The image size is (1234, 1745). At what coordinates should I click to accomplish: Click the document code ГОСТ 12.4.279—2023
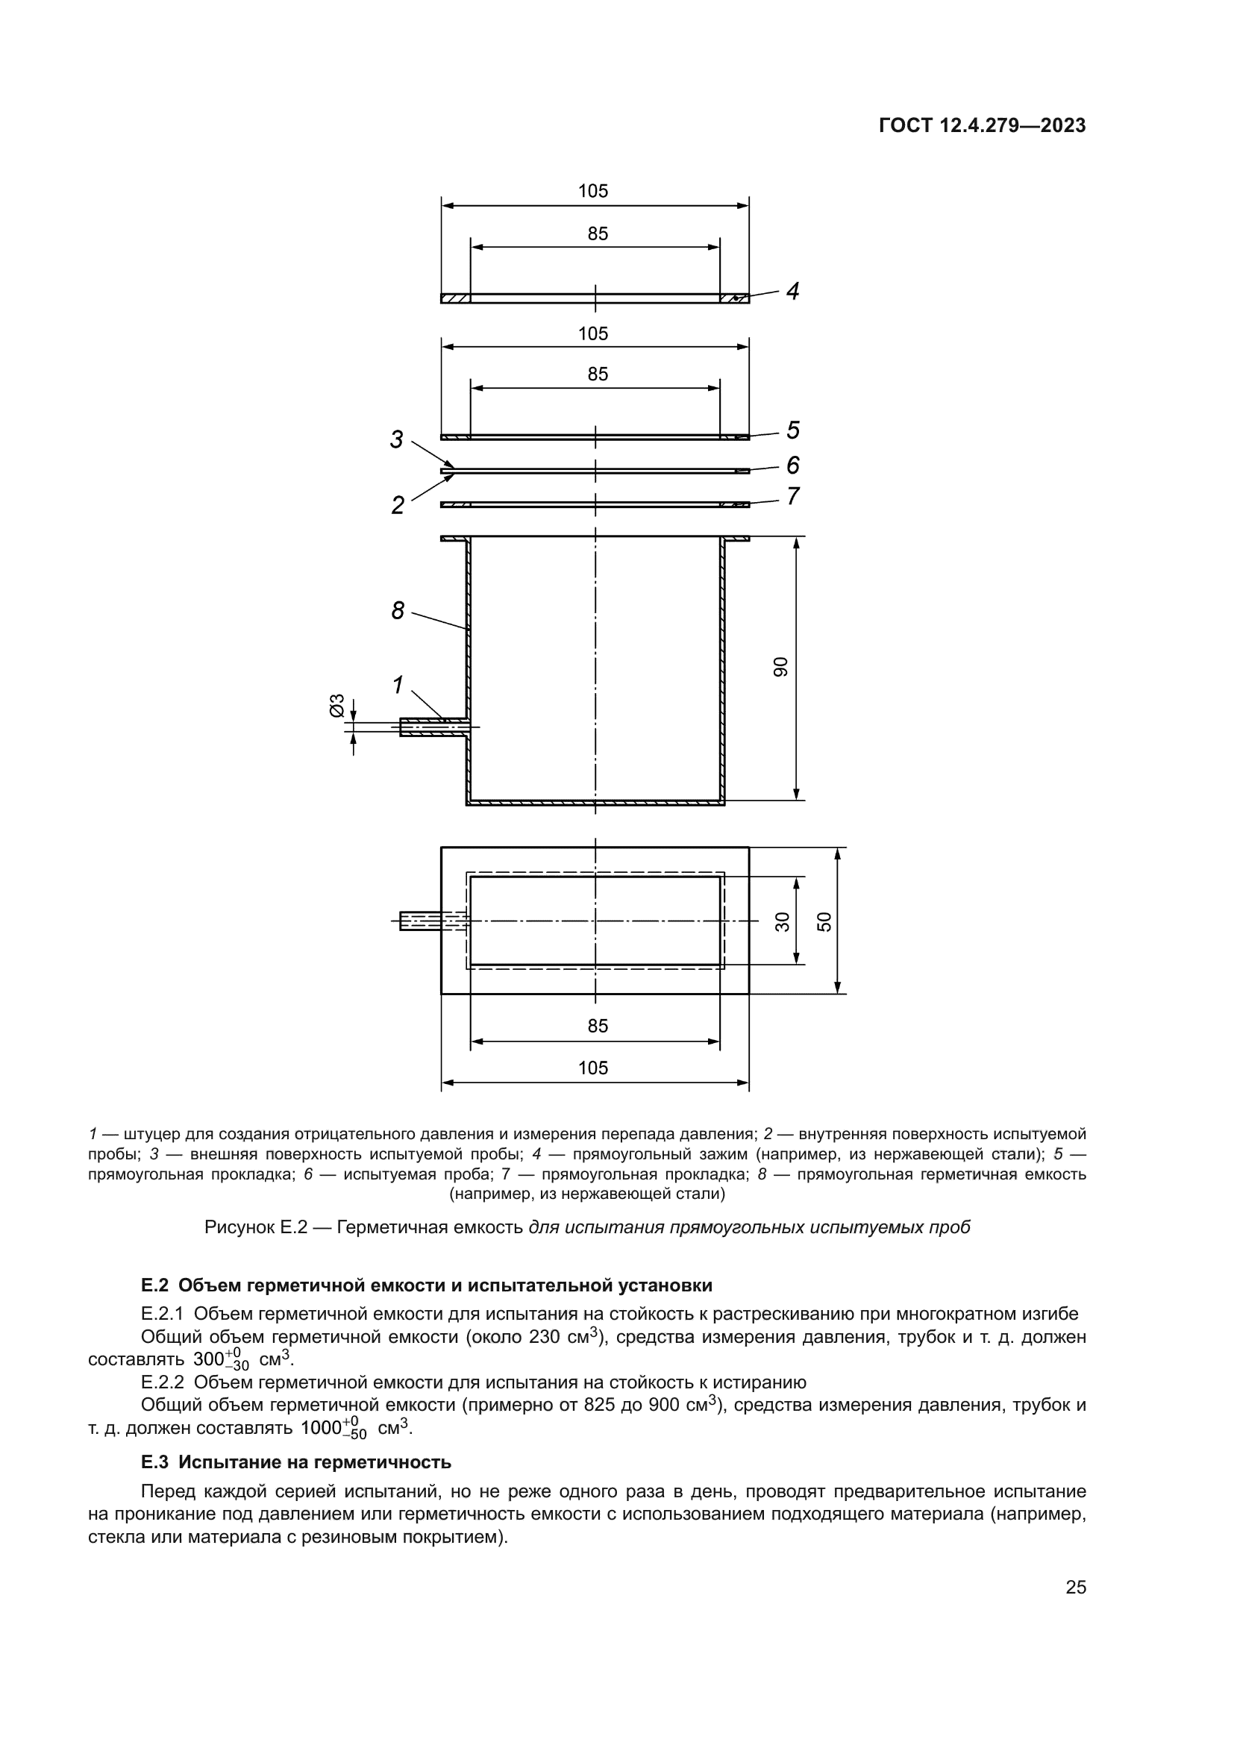982,125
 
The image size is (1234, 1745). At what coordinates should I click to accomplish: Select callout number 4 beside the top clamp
792,291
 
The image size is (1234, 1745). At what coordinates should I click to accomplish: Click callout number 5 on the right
792,431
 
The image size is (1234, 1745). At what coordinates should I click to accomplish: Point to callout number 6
792,464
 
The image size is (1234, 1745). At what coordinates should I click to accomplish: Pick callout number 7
792,496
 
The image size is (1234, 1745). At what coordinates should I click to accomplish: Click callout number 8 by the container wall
398,610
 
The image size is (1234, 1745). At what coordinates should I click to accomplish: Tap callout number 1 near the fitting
398,685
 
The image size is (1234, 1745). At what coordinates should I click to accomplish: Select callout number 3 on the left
397,439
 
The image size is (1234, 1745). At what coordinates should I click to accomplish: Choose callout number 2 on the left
398,505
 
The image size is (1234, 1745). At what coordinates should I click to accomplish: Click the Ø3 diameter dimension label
336,704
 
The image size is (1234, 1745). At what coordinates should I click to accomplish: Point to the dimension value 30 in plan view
783,921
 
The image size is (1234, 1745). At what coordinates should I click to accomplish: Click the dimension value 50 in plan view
824,921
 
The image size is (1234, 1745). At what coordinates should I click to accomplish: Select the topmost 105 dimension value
593,191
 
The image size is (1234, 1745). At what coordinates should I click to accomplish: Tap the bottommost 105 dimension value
593,1068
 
